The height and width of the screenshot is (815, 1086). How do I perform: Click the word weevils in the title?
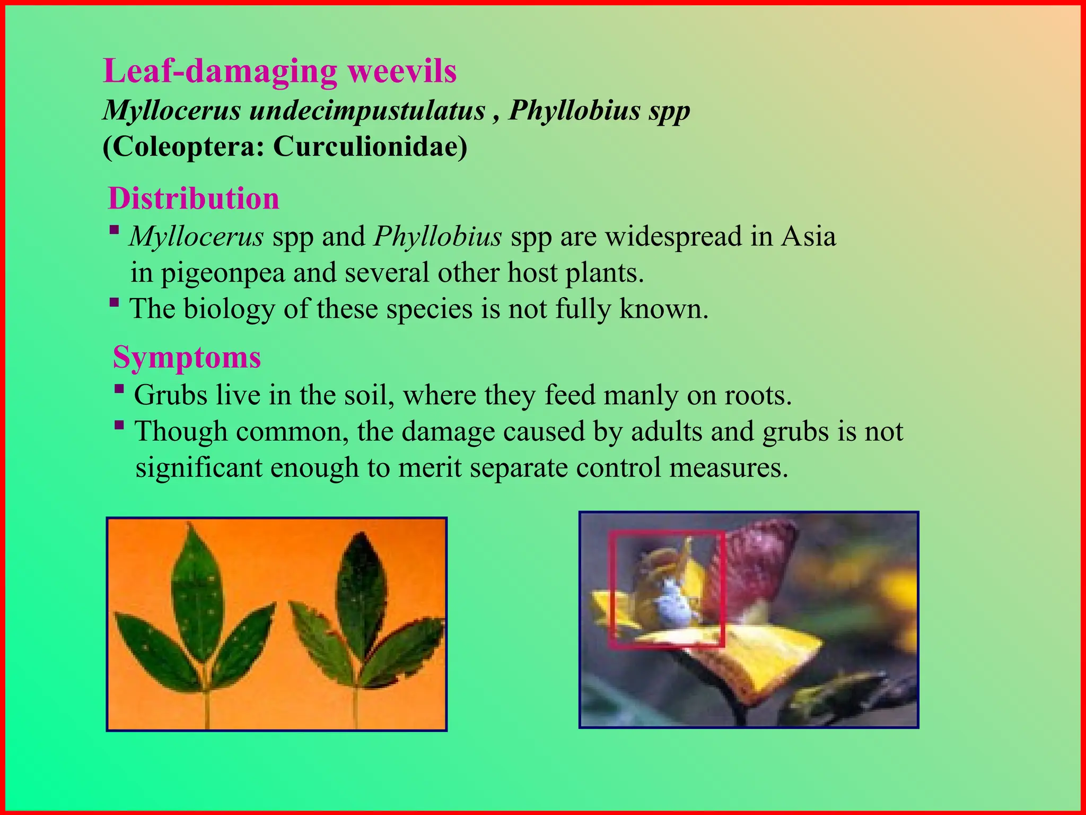point(402,71)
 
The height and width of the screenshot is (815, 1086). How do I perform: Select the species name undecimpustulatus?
point(367,110)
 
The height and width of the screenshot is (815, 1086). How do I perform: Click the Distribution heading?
point(194,198)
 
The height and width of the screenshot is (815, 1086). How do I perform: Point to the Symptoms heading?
point(187,357)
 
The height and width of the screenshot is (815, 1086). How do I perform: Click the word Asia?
point(808,236)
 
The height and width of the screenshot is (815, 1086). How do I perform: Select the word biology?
point(229,309)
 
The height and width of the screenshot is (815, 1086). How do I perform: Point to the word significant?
point(199,468)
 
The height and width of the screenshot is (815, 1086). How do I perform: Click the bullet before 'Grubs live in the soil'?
point(119,389)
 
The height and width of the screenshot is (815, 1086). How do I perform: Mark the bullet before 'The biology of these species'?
point(114,303)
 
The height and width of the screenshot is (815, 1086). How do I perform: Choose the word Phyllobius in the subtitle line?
point(575,110)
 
